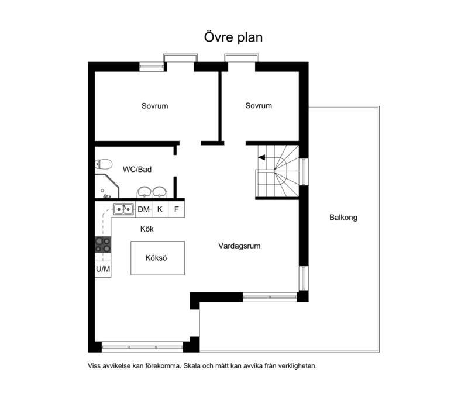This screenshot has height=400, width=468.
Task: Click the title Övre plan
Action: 233,37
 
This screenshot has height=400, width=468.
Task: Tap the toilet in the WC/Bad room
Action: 104,164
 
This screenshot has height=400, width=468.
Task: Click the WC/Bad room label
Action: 137,170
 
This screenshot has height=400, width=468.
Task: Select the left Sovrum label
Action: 154,106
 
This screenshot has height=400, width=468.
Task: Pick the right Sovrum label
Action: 259,106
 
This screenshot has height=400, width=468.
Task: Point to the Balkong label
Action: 343,218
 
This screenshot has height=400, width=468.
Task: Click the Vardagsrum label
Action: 239,246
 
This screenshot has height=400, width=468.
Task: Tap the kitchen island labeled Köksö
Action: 157,258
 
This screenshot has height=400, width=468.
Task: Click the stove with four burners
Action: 103,244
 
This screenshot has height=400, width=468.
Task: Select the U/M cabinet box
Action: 103,270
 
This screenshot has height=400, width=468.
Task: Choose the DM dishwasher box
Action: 143,209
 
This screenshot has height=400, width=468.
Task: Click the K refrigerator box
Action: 160,209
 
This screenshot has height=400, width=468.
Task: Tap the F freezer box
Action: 177,209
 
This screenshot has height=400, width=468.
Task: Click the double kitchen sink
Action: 123,209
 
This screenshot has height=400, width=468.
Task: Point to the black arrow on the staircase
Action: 261,157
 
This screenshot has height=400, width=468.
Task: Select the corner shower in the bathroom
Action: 106,187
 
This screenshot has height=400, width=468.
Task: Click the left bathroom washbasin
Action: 144,192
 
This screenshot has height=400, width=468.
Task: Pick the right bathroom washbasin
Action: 160,192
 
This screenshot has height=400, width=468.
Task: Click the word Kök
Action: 147,229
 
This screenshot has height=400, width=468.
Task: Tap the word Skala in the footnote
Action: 192,366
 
